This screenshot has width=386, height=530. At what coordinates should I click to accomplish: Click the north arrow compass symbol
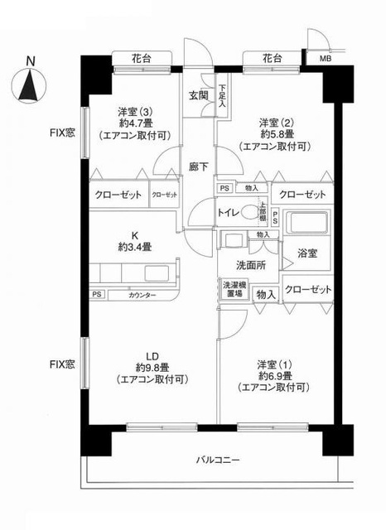(x=31, y=86)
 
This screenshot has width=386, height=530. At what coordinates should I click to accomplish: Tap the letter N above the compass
(x=31, y=60)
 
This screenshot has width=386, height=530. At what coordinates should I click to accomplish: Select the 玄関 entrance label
(x=198, y=94)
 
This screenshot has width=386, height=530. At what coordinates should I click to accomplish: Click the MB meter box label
(x=316, y=59)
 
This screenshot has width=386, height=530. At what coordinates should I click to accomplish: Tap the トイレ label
(x=229, y=212)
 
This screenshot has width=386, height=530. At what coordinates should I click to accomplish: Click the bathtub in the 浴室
(x=306, y=225)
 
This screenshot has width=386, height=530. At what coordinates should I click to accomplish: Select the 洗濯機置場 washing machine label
(x=233, y=289)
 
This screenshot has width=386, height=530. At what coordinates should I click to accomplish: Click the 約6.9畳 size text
(x=272, y=374)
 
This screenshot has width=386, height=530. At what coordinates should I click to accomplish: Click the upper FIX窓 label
(x=60, y=132)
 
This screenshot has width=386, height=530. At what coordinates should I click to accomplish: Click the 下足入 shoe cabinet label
(x=223, y=97)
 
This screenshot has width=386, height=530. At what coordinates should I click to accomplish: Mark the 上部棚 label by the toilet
(x=262, y=210)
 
